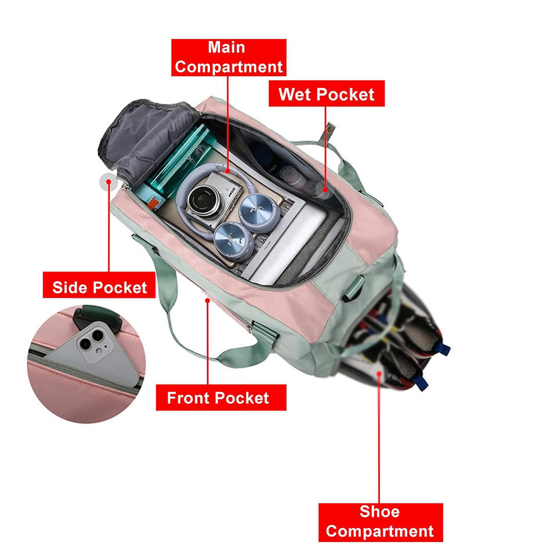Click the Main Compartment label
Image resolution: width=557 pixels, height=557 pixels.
pyautogui.click(x=229, y=57)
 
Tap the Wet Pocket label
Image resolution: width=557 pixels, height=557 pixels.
pyautogui.click(x=326, y=93)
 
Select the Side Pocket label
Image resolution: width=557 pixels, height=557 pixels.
pyautogui.click(x=99, y=287)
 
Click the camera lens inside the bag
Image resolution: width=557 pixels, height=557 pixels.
pyautogui.click(x=202, y=200)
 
